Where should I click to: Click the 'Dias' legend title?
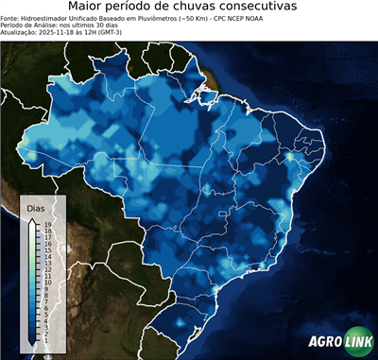(x=35, y=207)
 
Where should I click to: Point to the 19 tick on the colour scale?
(x=45, y=224)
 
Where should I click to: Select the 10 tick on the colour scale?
(x=45, y=281)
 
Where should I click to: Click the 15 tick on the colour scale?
(x=45, y=249)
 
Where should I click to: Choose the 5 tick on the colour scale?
(x=44, y=311)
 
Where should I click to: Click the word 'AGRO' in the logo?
(x=324, y=343)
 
